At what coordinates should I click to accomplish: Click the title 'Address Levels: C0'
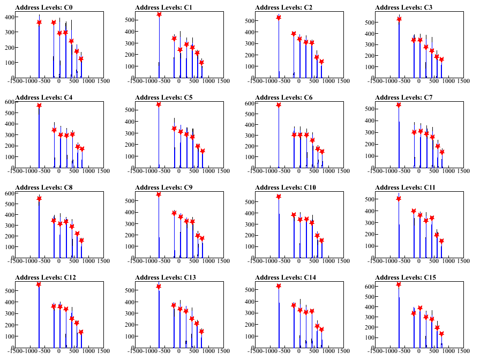coord(44,7)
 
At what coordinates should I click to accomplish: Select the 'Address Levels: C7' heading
coord(404,97)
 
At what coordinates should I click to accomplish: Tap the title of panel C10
coord(286,187)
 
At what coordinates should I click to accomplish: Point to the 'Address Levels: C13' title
coord(166,277)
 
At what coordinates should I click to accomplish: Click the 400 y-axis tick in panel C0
coord(9,17)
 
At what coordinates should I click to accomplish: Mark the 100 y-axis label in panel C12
coord(9,337)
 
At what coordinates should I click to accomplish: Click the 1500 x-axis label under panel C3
coord(463,81)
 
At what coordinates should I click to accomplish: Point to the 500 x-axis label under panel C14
coord(313,351)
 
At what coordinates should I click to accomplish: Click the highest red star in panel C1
coord(159,14)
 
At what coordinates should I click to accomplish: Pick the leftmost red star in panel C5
coord(159,104)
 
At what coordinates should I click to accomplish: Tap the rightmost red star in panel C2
coord(321,62)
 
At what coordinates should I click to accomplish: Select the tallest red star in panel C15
coord(399,284)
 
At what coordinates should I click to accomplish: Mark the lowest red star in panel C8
coord(81,241)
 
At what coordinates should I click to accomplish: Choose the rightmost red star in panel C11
coord(441,241)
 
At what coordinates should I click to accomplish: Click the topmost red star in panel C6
coord(279,105)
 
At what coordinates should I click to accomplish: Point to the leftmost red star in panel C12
coord(39,284)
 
